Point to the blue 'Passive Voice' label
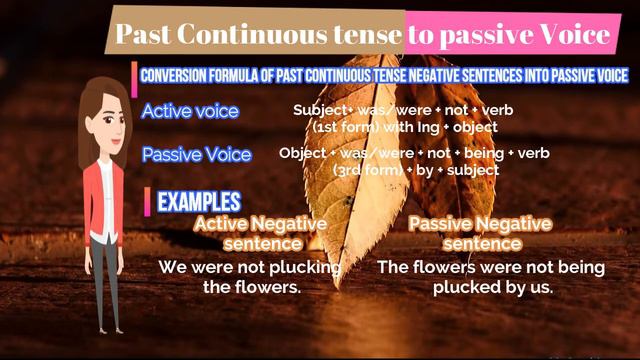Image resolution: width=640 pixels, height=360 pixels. point(196,155)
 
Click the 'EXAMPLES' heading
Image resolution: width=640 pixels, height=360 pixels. point(199,200)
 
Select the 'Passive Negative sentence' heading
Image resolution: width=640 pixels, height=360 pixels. point(480,233)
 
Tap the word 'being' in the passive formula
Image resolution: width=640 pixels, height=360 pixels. point(525,153)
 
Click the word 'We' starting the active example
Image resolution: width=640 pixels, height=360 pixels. point(172,268)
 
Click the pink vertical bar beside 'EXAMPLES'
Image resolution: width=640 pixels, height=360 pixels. point(149,200)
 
